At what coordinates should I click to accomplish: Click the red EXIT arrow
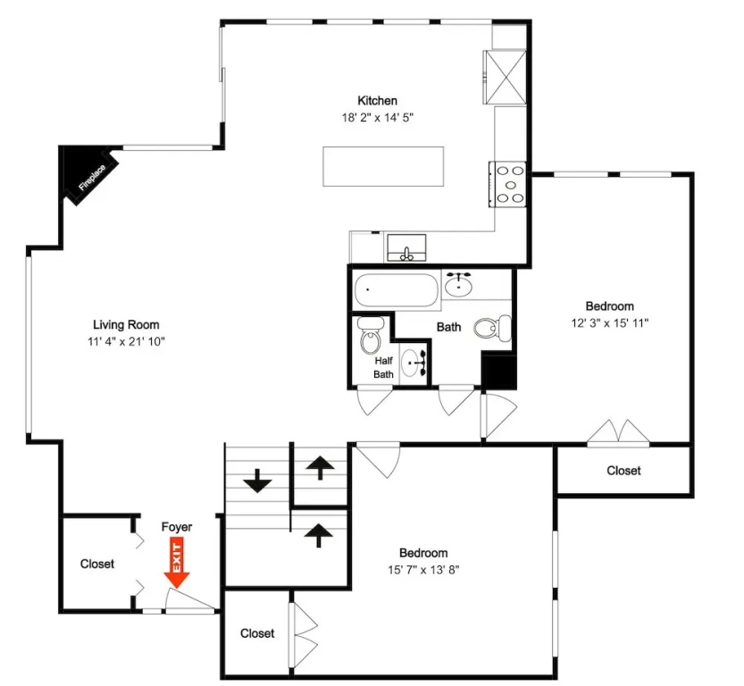point(177,563)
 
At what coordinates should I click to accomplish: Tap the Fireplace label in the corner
point(92,178)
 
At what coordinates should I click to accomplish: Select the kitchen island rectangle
point(383,166)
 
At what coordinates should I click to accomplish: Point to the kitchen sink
point(406,247)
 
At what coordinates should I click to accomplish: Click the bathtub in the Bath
point(396,290)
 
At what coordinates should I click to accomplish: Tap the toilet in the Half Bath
point(370,335)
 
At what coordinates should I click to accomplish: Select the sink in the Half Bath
point(412,364)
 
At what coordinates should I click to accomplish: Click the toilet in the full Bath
point(492,327)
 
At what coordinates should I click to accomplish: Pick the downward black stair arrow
point(257,481)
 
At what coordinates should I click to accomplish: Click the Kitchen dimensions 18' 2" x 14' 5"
point(378,117)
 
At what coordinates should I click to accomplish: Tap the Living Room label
point(126,324)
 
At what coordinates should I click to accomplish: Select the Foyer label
point(177,527)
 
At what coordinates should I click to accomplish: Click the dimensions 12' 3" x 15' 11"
point(610,322)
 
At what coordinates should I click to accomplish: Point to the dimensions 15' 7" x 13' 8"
point(423,569)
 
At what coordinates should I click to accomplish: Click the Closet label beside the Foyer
point(97,564)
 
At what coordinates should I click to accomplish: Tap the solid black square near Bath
point(498,372)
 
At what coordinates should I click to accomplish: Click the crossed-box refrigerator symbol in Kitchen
point(505,77)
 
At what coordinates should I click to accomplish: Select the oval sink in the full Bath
point(458,285)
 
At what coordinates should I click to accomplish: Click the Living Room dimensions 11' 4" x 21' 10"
point(126,341)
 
